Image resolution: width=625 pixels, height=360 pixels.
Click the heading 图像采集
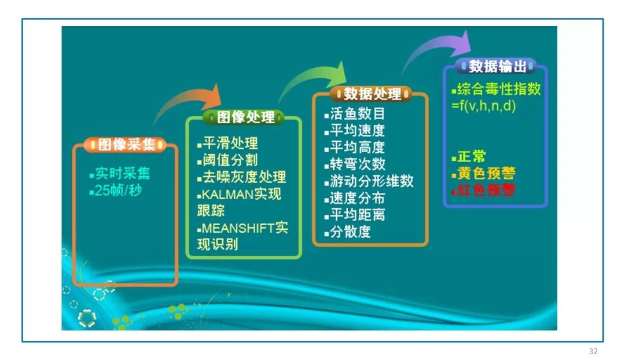tap(126, 144)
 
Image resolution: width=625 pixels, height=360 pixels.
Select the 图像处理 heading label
tap(245, 117)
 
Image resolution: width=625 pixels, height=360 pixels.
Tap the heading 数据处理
tap(372, 94)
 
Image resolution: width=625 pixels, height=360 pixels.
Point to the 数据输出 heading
tap(497, 66)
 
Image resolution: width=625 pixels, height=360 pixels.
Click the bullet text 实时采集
tap(123, 174)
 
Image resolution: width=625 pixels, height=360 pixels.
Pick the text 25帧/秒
tap(118, 190)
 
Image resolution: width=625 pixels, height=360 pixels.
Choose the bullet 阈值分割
tap(230, 160)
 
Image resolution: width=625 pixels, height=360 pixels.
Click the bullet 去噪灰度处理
tap(244, 177)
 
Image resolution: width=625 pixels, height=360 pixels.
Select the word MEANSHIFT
tap(238, 228)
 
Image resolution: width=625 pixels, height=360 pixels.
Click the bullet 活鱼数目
tap(357, 113)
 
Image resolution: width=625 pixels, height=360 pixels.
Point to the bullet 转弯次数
tap(358, 164)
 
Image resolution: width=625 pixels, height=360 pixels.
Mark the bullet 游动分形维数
tap(372, 181)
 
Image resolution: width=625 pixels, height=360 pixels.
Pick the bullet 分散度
tap(350, 232)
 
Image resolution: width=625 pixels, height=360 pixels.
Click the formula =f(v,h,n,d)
tap(483, 106)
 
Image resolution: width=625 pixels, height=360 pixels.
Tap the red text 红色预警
tap(486, 190)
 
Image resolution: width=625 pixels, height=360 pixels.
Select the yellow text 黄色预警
tap(486, 173)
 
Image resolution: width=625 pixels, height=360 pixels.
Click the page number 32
tap(593, 351)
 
